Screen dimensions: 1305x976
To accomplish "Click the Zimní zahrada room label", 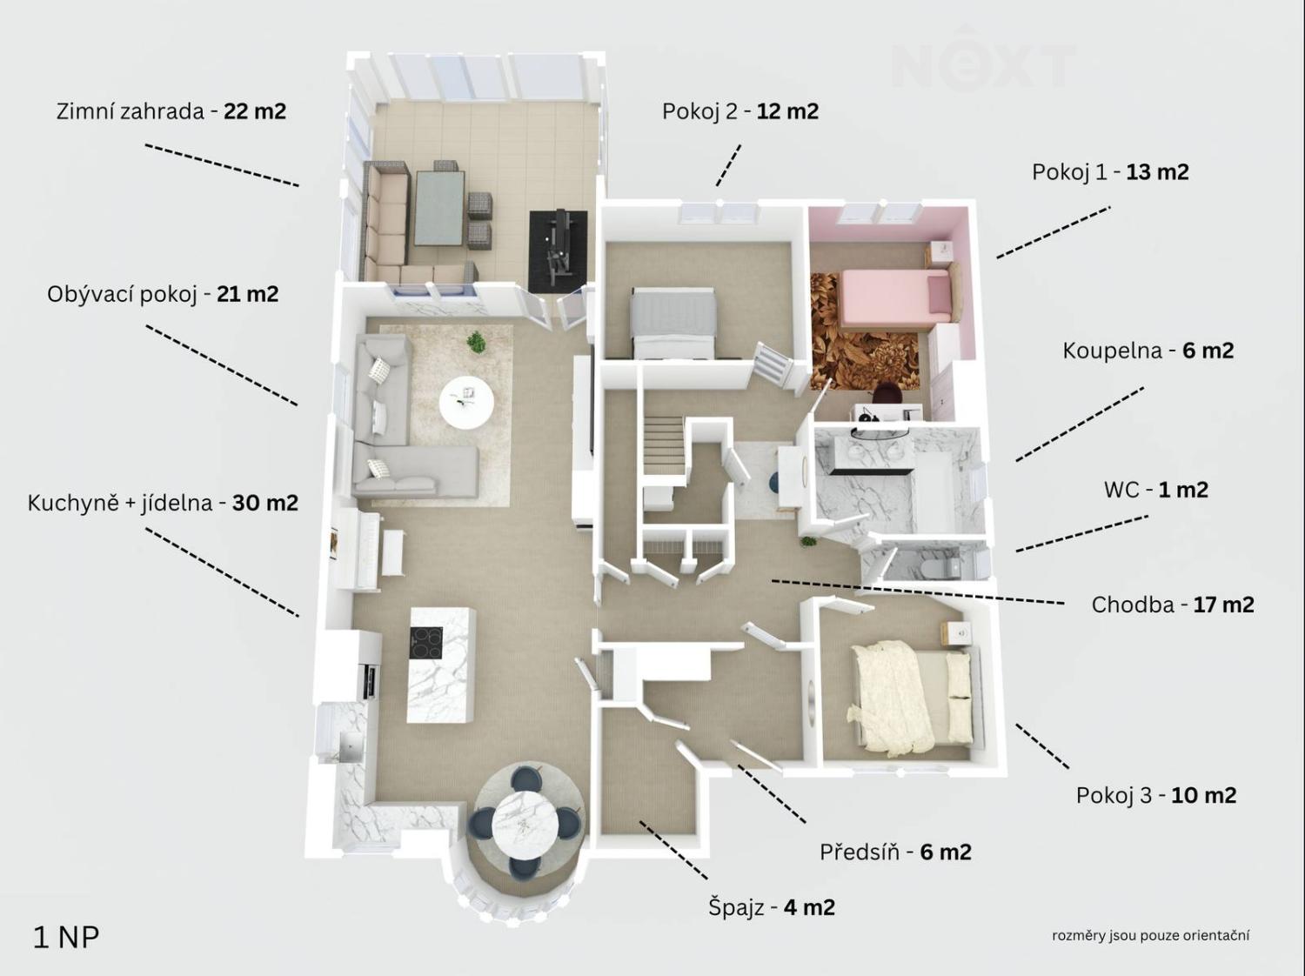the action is point(171,111).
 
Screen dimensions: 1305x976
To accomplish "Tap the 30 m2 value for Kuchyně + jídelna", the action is point(265,504).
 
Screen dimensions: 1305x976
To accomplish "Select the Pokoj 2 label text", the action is point(740,111).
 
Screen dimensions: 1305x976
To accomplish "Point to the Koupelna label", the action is point(1148,351).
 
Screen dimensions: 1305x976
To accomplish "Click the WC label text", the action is point(1155,490).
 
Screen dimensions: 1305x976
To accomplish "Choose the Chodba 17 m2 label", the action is point(1173,605).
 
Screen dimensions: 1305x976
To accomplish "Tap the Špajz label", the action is point(771,907).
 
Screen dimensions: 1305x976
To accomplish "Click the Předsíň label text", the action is point(895,852).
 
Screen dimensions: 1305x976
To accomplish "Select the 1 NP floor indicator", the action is point(66,939).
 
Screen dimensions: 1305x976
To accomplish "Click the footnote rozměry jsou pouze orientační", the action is point(1150,936).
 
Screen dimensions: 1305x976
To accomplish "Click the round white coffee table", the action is point(466,403).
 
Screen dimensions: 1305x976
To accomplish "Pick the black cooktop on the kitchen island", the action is point(426,643).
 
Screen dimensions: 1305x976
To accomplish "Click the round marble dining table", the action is point(524,823).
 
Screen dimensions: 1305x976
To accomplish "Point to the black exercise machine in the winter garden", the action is point(559,251).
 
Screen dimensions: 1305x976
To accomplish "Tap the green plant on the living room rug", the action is point(476,342).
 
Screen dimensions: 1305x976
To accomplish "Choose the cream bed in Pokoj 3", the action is point(913,698).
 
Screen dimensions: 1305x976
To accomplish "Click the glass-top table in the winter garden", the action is point(440,208).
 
